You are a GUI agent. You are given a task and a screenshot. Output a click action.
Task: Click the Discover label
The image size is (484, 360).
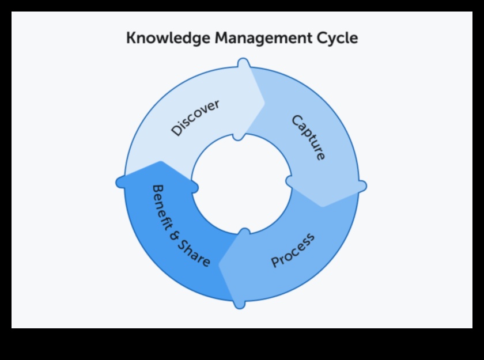195,118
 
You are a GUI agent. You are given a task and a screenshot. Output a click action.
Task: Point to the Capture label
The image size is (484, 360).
308,138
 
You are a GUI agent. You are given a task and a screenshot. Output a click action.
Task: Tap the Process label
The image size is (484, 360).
293,250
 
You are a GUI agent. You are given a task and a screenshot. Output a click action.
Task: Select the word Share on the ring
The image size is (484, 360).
196,257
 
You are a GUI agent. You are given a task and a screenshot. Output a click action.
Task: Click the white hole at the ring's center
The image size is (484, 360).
241,183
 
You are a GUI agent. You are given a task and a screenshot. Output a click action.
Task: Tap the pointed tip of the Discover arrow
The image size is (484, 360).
264,104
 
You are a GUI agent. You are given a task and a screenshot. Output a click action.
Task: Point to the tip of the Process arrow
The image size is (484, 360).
220,264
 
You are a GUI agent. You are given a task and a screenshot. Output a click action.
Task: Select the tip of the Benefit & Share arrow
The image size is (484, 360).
161,162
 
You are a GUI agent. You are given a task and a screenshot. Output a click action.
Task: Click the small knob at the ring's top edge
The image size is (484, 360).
243,62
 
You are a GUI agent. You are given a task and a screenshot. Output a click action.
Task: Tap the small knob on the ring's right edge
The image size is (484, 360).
362,185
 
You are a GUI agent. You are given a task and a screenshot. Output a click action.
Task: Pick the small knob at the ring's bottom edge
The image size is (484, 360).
240,304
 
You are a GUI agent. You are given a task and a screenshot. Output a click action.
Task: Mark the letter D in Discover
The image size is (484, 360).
176,131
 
